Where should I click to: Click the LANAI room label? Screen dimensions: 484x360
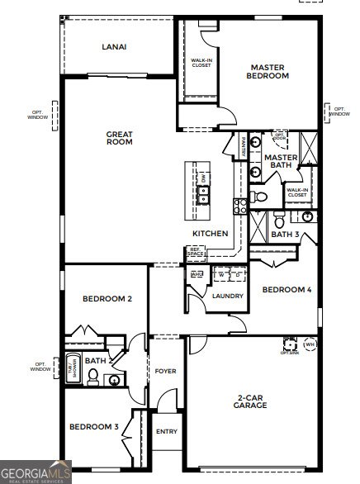pos(114,47)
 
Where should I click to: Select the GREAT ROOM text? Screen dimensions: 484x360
pos(119,137)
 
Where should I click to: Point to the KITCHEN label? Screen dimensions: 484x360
pos(211,234)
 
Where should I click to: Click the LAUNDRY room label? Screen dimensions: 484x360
pos(227,296)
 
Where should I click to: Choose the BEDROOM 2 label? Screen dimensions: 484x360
pos(107,298)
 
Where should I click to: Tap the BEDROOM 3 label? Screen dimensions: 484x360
pos(93,427)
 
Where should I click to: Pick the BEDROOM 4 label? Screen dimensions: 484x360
pos(287,290)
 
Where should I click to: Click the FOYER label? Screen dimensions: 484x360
pos(165,372)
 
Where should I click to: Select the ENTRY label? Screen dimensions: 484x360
pos(166,431)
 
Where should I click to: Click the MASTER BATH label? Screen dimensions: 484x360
pos(281,161)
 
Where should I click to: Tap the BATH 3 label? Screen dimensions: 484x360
pos(285,235)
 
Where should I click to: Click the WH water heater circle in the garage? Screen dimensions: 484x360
pos(310,344)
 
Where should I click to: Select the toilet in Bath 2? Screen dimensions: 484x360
pos(93,377)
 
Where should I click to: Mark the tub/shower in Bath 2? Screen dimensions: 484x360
pos(73,369)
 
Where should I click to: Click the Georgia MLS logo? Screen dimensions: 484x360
pos(36,471)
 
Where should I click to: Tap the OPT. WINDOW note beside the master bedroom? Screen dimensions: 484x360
pos(339,110)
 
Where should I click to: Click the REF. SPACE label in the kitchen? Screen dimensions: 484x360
pos(196,252)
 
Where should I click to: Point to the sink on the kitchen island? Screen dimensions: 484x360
pos(204,195)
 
